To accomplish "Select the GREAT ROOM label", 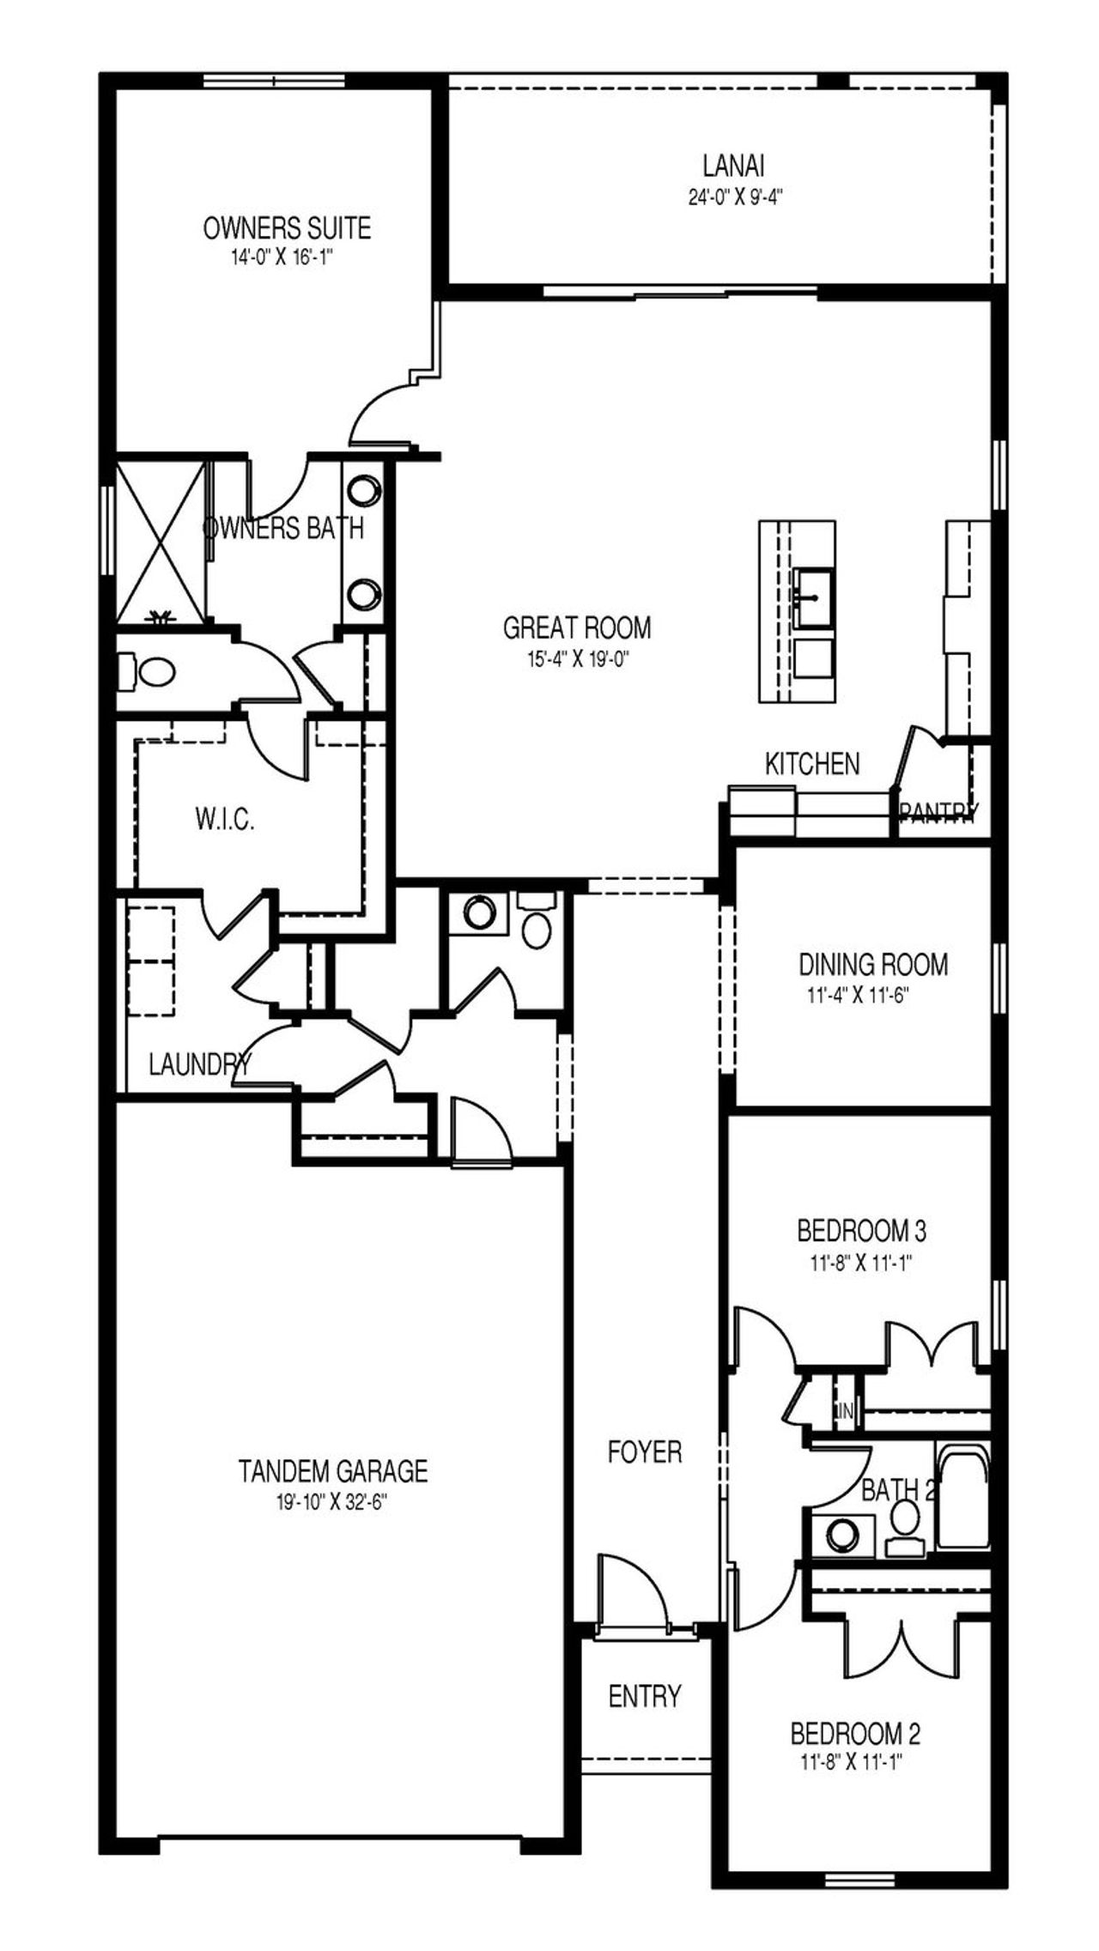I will (576, 627).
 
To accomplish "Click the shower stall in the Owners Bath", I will (161, 542).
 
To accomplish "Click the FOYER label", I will (644, 1452).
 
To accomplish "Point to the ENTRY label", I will (644, 1696).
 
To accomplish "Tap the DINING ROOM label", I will (873, 964).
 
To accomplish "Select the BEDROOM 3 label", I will (861, 1232).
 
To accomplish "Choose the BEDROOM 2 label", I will (854, 1734).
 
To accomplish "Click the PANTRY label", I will (938, 813).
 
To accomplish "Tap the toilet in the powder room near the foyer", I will (537, 927).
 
